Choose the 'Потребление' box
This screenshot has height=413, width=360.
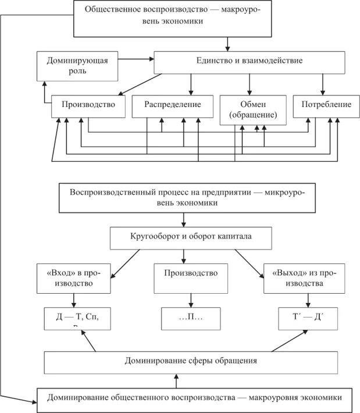point(326,105)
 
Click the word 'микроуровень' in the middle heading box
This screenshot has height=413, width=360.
point(288,193)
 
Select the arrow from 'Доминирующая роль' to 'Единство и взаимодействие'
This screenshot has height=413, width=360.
point(135,59)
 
